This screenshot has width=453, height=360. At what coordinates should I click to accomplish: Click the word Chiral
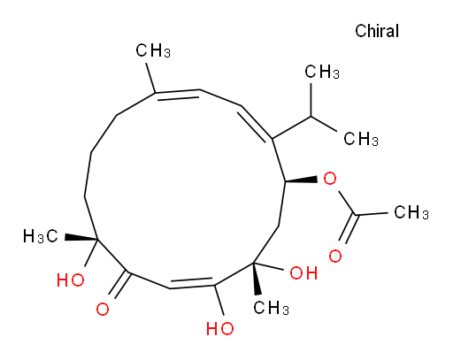(377, 31)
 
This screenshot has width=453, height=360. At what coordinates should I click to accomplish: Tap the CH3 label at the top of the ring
(153, 50)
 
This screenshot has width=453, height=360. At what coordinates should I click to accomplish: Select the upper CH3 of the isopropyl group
(322, 72)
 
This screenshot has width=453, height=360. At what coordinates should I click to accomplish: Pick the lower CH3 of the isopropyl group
(361, 139)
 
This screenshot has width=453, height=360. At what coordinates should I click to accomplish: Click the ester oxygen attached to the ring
(329, 179)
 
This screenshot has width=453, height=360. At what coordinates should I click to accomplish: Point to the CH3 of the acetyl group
(411, 212)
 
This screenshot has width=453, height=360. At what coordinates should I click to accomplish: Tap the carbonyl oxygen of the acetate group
(335, 256)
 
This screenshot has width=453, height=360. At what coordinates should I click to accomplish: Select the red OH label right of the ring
(303, 272)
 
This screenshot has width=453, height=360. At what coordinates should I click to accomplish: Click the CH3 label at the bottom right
(271, 308)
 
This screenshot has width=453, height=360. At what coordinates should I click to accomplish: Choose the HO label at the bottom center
(220, 328)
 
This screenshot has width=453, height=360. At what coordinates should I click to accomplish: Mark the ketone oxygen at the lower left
(103, 310)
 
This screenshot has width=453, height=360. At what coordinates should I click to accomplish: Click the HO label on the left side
(71, 280)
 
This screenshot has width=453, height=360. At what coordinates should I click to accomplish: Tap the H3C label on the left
(41, 236)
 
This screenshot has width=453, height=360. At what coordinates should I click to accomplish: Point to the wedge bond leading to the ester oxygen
(301, 180)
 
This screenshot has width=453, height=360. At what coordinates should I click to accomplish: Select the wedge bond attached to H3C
(81, 238)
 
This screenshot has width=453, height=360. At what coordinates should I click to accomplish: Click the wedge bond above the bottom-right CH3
(257, 278)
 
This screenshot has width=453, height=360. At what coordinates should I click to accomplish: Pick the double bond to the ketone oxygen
(119, 284)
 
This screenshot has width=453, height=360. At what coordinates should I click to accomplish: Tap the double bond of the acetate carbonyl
(349, 228)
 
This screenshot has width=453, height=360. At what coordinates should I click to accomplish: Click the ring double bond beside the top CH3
(177, 94)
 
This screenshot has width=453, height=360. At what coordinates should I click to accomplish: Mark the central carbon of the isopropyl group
(311, 117)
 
